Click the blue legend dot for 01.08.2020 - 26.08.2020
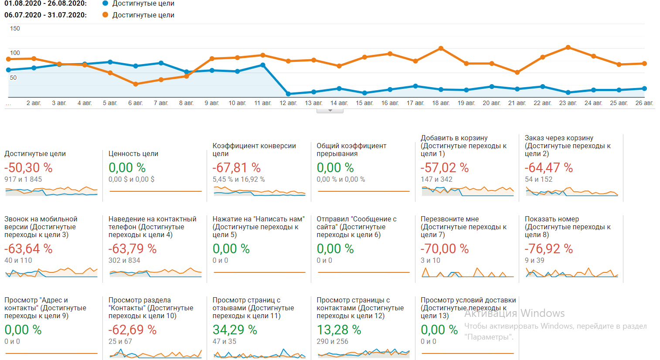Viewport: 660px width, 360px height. (105, 3)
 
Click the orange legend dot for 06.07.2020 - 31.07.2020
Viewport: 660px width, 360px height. (105, 15)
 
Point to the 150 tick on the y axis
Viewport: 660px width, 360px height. (15, 28)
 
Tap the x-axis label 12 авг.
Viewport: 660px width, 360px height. (288, 103)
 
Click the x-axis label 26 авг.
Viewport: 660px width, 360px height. (644, 103)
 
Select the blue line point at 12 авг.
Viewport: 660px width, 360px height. (288, 94)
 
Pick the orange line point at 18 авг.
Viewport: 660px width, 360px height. (441, 48)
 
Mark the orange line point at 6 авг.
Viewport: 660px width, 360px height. (136, 84)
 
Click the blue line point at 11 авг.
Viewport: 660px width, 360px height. (263, 65)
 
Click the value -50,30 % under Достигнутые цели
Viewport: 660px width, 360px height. (28, 167)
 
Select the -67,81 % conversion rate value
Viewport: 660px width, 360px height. (236, 167)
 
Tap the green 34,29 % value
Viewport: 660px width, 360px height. (235, 329)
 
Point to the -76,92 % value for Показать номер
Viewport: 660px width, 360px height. (548, 248)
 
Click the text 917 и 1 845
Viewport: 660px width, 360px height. (23, 179)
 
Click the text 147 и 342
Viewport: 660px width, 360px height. (436, 179)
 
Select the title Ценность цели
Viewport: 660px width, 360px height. (133, 153)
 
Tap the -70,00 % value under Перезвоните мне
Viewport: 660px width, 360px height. (444, 248)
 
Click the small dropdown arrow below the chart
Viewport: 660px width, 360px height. (330, 111)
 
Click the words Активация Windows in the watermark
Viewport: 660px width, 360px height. (514, 313)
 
